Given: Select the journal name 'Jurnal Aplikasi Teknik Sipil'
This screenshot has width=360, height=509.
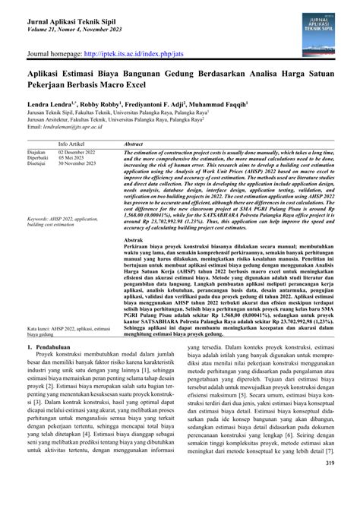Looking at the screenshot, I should click(74, 16).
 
